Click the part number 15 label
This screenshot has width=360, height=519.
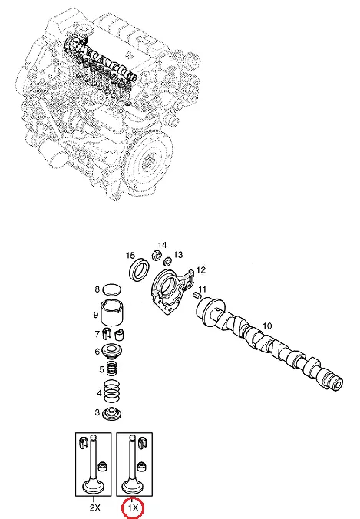tap(130, 255)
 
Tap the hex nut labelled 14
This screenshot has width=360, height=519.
tap(157, 256)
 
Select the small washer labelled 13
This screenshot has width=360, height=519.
tap(168, 262)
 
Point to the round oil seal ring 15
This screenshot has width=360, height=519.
tap(139, 269)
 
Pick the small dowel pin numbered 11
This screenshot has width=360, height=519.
tap(197, 295)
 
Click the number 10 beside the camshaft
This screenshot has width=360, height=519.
tap(267, 326)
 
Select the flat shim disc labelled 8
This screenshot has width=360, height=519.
tap(111, 289)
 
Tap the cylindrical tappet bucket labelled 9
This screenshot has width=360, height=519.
tap(112, 312)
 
